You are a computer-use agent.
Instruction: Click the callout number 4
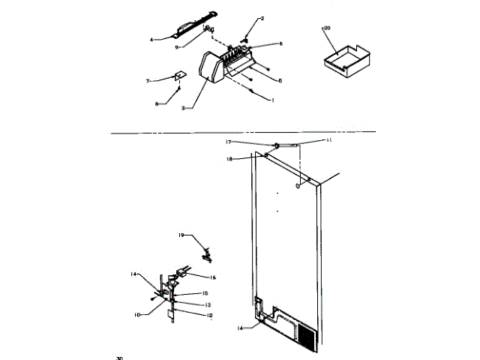point(151,38)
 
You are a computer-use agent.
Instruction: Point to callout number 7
point(148,79)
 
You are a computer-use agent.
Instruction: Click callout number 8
point(157,103)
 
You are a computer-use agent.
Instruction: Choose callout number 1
point(273,100)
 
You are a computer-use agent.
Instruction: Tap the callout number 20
point(327,28)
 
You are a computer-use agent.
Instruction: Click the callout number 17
point(229,141)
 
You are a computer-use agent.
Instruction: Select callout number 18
point(229,159)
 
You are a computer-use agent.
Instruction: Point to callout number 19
point(181,235)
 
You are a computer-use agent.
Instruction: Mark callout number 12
point(210,315)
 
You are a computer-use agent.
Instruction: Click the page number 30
point(119,357)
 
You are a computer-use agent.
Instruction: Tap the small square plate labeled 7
point(179,76)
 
